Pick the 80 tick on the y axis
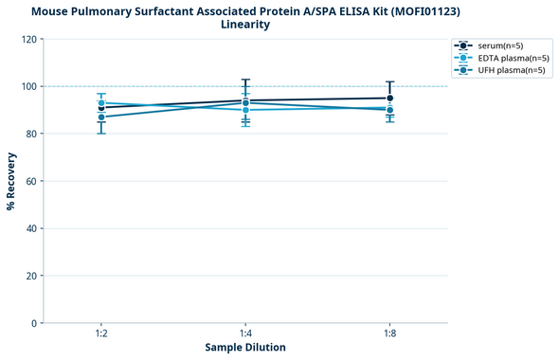coord(31,134)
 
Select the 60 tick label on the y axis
coord(31,181)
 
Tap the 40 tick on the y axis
coord(31,228)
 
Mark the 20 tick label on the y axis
coord(31,276)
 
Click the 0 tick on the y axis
coord(34,323)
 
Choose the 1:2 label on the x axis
coord(101,334)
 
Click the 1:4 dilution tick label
coord(245,334)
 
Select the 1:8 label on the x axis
coord(389,334)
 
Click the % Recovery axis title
coord(11,181)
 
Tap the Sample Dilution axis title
coord(245,348)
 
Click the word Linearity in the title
coord(245,25)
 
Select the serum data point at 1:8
coord(389,98)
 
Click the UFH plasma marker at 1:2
coord(101,117)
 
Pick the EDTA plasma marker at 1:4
coord(245,110)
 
